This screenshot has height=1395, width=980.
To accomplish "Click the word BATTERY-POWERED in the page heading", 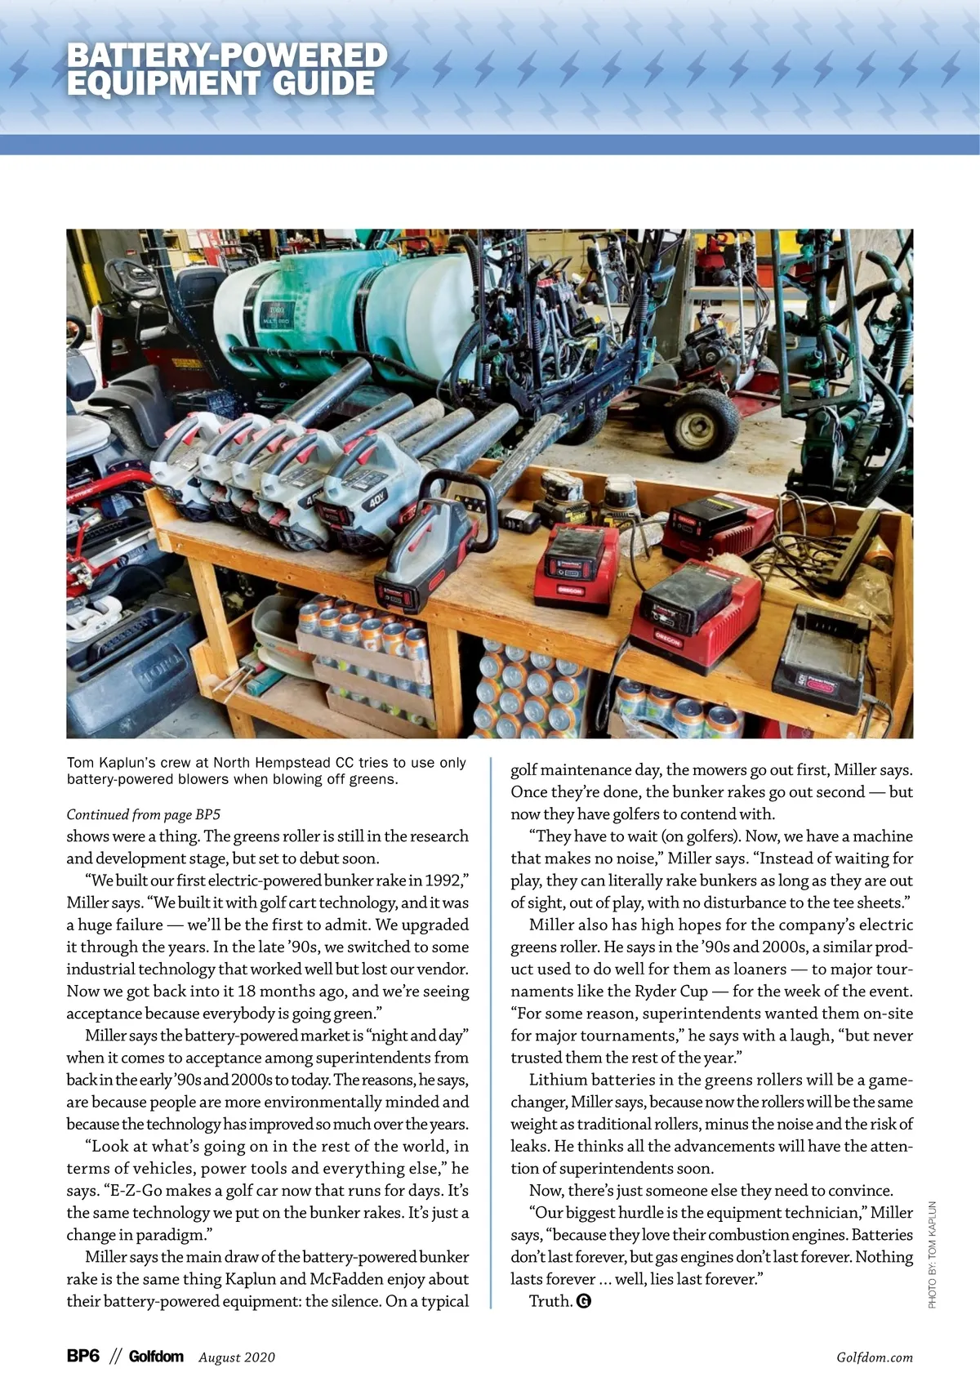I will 227,56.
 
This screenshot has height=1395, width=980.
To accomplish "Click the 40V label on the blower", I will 376,500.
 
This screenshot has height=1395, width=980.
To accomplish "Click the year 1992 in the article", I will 443,880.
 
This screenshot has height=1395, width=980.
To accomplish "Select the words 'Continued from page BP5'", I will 144,814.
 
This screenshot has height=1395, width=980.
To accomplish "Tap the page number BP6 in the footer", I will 83,1357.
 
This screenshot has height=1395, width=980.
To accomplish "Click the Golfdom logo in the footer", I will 156,1357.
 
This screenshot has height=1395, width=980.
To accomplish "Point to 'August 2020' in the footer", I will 237,1357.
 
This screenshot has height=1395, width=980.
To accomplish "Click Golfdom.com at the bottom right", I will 875,1357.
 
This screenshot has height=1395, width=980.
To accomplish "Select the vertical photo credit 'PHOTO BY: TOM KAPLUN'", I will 933,1254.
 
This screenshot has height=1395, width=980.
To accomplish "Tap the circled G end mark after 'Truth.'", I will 583,1301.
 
